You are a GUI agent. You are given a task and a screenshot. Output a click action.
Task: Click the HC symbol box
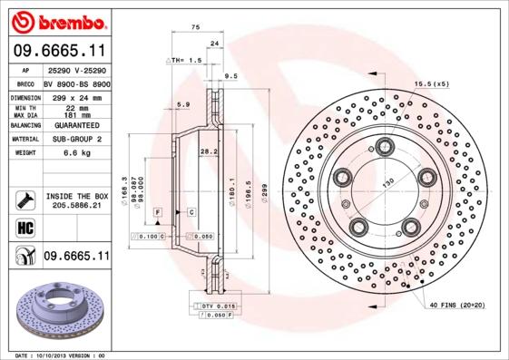coord(24,228)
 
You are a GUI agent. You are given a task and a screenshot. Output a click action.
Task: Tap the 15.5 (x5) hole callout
coord(432,84)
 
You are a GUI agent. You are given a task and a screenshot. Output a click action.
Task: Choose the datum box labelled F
coord(157,211)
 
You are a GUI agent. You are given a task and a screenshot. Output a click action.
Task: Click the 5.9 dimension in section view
coord(183,105)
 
